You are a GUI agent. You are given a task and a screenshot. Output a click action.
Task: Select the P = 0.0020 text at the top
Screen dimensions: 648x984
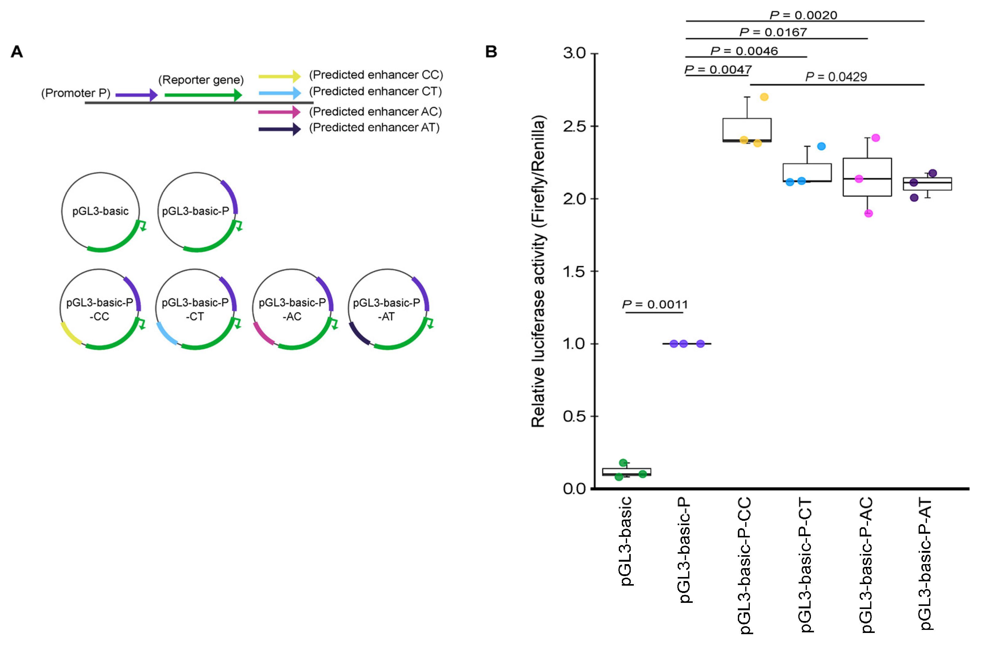point(803,15)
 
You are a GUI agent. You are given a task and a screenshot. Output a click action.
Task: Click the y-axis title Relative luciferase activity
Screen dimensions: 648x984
point(538,271)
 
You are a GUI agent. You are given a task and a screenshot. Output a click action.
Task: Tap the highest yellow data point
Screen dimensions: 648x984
point(764,97)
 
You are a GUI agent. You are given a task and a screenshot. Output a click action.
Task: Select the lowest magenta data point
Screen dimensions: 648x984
point(868,214)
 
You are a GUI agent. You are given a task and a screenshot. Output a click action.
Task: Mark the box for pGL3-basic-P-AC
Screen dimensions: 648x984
point(867,177)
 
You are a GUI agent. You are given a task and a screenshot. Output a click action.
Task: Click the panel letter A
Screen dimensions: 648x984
point(17,52)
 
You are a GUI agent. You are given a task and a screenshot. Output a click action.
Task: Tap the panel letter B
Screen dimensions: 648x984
point(491,52)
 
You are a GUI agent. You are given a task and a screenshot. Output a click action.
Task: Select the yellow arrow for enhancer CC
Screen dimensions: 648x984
point(279,76)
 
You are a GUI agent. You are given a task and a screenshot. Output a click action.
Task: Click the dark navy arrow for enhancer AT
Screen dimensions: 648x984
point(279,129)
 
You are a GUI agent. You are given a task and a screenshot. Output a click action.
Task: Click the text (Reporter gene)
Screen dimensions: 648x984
point(201,80)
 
